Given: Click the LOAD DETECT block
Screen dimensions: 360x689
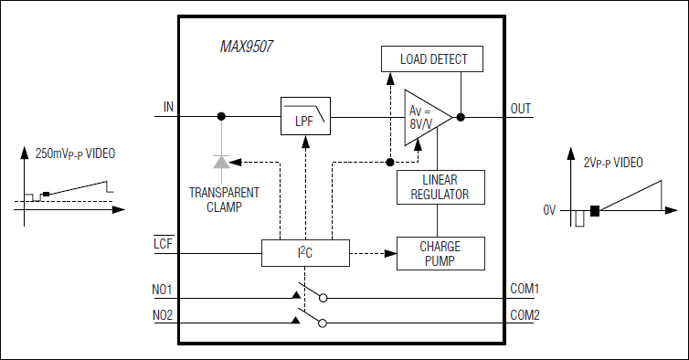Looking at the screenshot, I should pyautogui.click(x=433, y=59).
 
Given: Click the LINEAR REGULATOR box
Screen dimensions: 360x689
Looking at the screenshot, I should pyautogui.click(x=440, y=186).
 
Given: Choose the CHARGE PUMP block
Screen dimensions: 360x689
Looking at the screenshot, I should pyautogui.click(x=440, y=253).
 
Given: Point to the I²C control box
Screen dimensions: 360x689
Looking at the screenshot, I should pyautogui.click(x=305, y=253).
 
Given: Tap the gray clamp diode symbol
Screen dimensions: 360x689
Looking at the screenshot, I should pyautogui.click(x=221, y=162).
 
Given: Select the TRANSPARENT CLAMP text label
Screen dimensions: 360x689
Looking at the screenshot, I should pyautogui.click(x=222, y=199).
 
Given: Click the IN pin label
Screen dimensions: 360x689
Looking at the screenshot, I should pyautogui.click(x=167, y=108).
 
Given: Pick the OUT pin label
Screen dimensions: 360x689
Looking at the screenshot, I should pyautogui.click(x=521, y=109).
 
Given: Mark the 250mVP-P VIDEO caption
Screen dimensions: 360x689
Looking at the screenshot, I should pyautogui.click(x=75, y=155).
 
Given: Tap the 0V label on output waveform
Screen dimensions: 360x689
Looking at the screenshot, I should pyautogui.click(x=549, y=210).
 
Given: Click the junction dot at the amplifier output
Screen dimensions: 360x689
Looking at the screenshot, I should pyautogui.click(x=461, y=117).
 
